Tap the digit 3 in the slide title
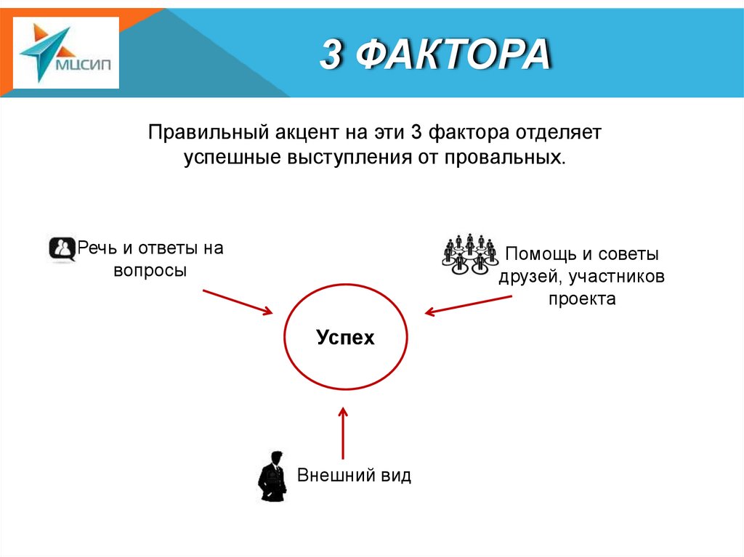point(331,55)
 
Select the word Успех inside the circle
point(345,338)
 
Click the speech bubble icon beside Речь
point(62,249)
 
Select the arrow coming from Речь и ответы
point(237,301)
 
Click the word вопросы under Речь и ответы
point(150,270)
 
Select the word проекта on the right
point(582,298)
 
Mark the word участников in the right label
point(617,277)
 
